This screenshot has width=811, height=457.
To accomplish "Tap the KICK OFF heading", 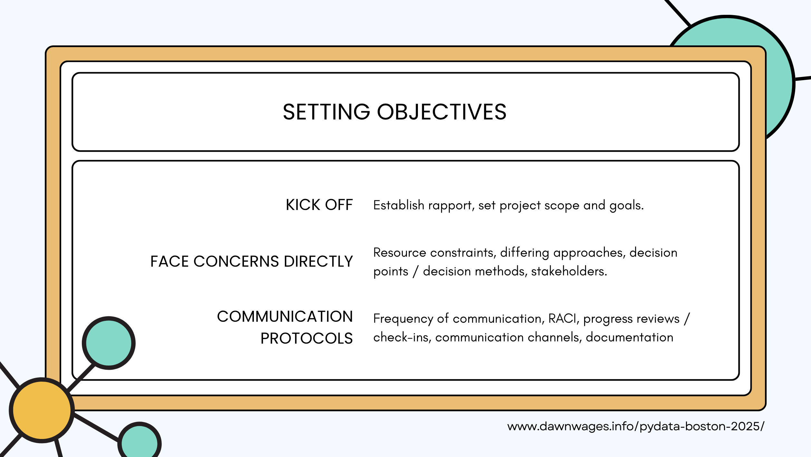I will [319, 205].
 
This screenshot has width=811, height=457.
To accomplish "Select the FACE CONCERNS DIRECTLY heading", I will [251, 261].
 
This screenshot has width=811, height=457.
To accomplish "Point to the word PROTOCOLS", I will [306, 338].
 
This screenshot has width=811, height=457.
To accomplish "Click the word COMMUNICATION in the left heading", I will [285, 317].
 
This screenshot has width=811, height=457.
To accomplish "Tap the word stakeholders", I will [569, 271].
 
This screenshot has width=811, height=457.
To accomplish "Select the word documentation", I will [630, 337].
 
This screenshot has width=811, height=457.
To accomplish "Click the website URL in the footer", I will [635, 426].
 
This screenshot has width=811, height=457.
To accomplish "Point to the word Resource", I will [400, 252].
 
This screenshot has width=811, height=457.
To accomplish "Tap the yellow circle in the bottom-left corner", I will [42, 410].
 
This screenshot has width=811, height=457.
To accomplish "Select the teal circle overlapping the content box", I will [109, 343].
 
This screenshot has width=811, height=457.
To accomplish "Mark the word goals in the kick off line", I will [626, 205].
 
